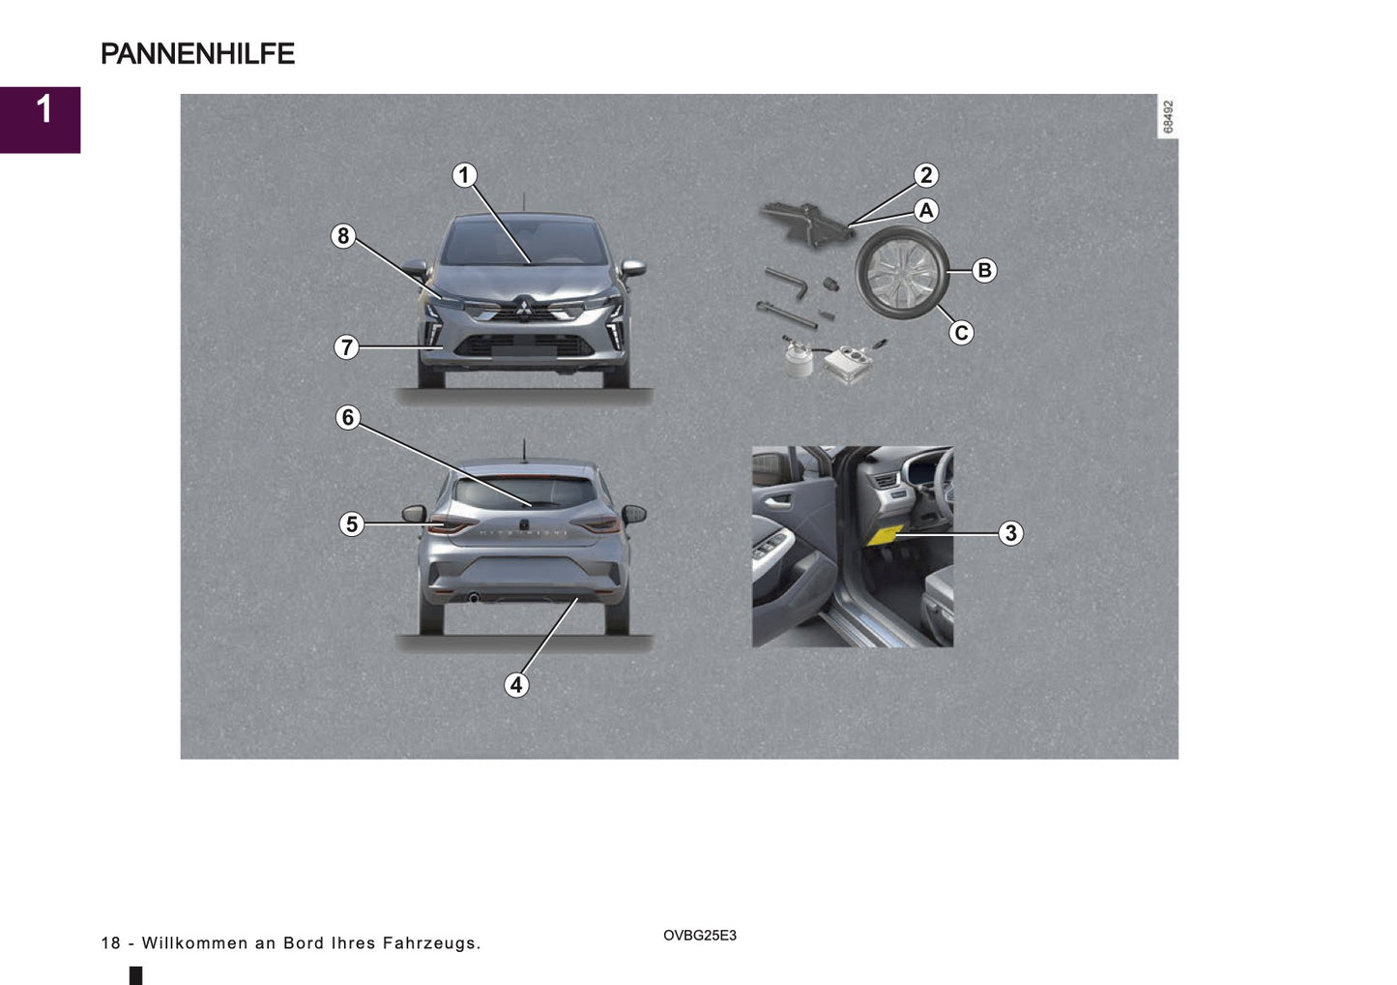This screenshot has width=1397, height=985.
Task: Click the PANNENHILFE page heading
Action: coord(197,54)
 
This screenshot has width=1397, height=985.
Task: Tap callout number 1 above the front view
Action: coord(464,175)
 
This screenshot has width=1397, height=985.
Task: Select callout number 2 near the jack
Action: coord(926,175)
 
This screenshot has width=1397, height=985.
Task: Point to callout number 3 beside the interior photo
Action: coord(1010,533)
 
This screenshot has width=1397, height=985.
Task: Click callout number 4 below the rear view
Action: coord(516,685)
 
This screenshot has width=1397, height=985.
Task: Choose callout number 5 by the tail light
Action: coord(351,524)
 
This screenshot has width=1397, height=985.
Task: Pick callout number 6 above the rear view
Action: coord(347,417)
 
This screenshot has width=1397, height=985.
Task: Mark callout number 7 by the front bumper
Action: coord(346,347)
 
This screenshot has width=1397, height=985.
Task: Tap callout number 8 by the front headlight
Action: coord(342,236)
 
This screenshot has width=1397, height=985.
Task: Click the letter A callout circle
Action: coord(926,210)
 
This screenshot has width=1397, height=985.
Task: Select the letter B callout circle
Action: coord(984,270)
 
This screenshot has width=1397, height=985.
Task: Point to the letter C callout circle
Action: coord(960,333)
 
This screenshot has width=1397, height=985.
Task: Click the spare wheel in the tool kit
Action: coord(901,274)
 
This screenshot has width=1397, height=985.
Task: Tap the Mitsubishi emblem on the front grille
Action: coord(522,308)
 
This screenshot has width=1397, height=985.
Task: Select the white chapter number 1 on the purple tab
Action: coord(44,110)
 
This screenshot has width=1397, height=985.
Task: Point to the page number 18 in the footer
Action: coord(110,943)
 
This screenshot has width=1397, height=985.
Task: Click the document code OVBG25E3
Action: coord(700,936)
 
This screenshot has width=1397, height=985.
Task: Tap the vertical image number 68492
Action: coord(1168,117)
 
